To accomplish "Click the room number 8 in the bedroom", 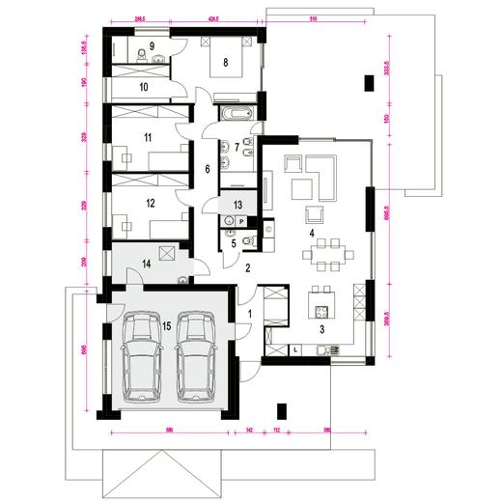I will coord(226,63).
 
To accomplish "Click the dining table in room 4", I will coord(323,258).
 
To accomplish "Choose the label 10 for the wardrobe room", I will coord(142,87).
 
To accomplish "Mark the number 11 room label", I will coord(149,138).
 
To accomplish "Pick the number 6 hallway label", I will coord(206,169).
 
